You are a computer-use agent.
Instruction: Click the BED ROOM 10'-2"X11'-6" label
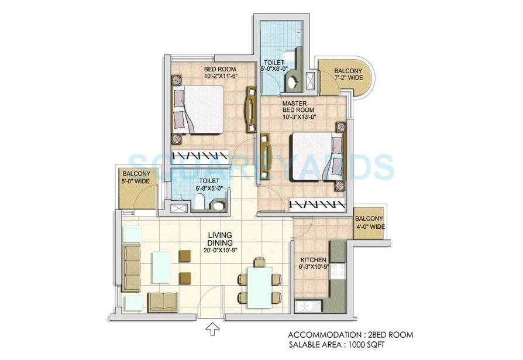click(221, 71)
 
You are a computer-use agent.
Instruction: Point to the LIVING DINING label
click(220, 242)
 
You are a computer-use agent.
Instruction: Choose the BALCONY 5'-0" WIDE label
click(136, 177)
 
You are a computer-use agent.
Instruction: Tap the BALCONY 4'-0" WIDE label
click(369, 222)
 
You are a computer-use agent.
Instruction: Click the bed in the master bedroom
click(316, 156)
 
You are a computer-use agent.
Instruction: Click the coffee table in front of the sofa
click(161, 267)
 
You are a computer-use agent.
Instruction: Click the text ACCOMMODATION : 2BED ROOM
click(350, 335)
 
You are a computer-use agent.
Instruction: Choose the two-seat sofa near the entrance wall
click(163, 301)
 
